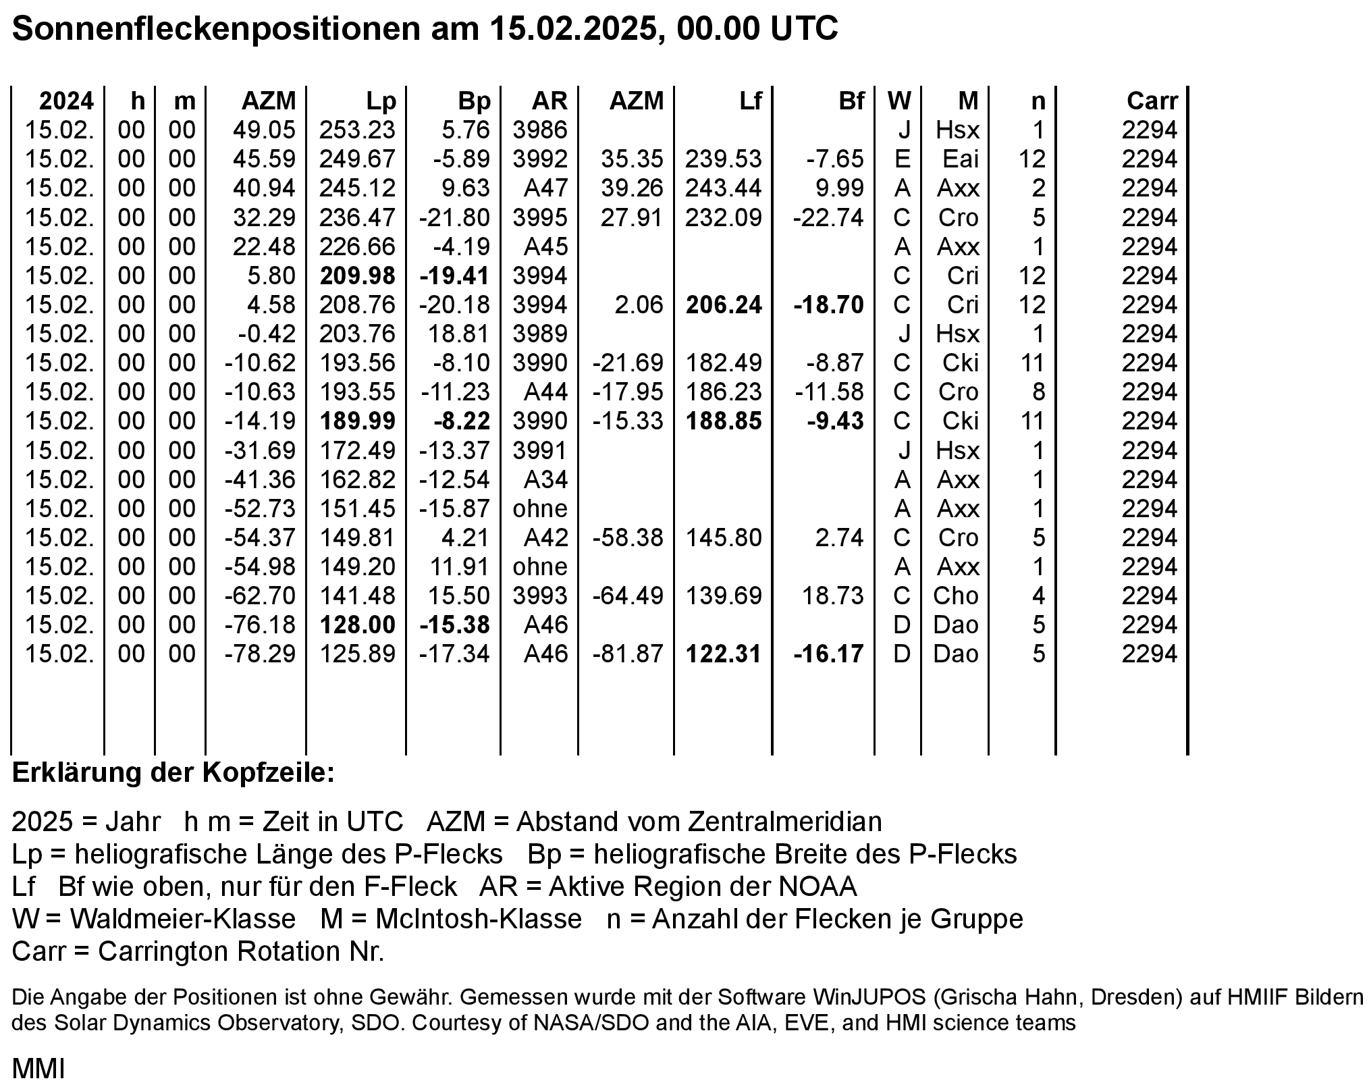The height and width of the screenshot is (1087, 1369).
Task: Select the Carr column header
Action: pyautogui.click(x=1152, y=101)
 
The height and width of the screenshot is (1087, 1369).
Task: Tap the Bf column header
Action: pyautogui.click(x=851, y=101)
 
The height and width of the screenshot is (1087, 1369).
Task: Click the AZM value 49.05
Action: pyautogui.click(x=264, y=130)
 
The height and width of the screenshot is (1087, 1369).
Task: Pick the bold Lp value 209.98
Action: pyautogui.click(x=357, y=275)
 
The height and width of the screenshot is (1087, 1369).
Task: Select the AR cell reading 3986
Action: pyautogui.click(x=540, y=130)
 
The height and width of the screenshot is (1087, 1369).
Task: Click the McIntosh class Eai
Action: pyautogui.click(x=960, y=159)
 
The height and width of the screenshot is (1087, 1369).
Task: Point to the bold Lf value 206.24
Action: pyautogui.click(x=724, y=305)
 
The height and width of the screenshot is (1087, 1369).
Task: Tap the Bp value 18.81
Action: pyautogui.click(x=460, y=334)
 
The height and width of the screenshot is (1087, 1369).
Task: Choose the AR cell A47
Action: pyautogui.click(x=545, y=188)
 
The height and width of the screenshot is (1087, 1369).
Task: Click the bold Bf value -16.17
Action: pyautogui.click(x=828, y=654)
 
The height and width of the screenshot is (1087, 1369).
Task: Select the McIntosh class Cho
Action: pyautogui.click(x=955, y=596)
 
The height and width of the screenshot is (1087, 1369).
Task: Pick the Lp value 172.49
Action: pyautogui.click(x=357, y=450)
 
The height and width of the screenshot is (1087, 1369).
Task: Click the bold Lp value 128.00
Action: pyautogui.click(x=357, y=625)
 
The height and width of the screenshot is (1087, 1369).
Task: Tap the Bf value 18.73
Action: pyautogui.click(x=832, y=596)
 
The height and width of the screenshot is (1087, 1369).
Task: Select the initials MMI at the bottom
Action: pyautogui.click(x=38, y=1069)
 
